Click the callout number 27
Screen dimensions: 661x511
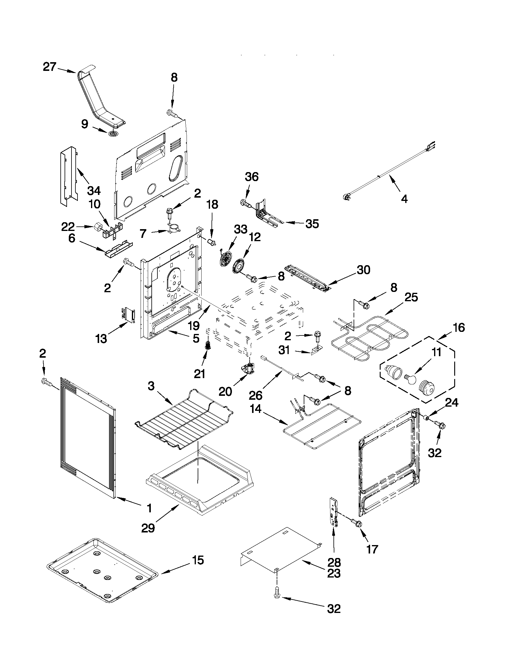pos(49,67)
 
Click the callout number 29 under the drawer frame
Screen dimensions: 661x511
pos(148,528)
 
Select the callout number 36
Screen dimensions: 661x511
pos(252,177)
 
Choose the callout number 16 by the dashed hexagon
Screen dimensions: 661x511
pos(459,327)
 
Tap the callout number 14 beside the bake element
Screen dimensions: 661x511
pos(256,409)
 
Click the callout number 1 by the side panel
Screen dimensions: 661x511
pos(149,508)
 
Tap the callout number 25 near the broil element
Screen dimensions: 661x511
pos(411,297)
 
